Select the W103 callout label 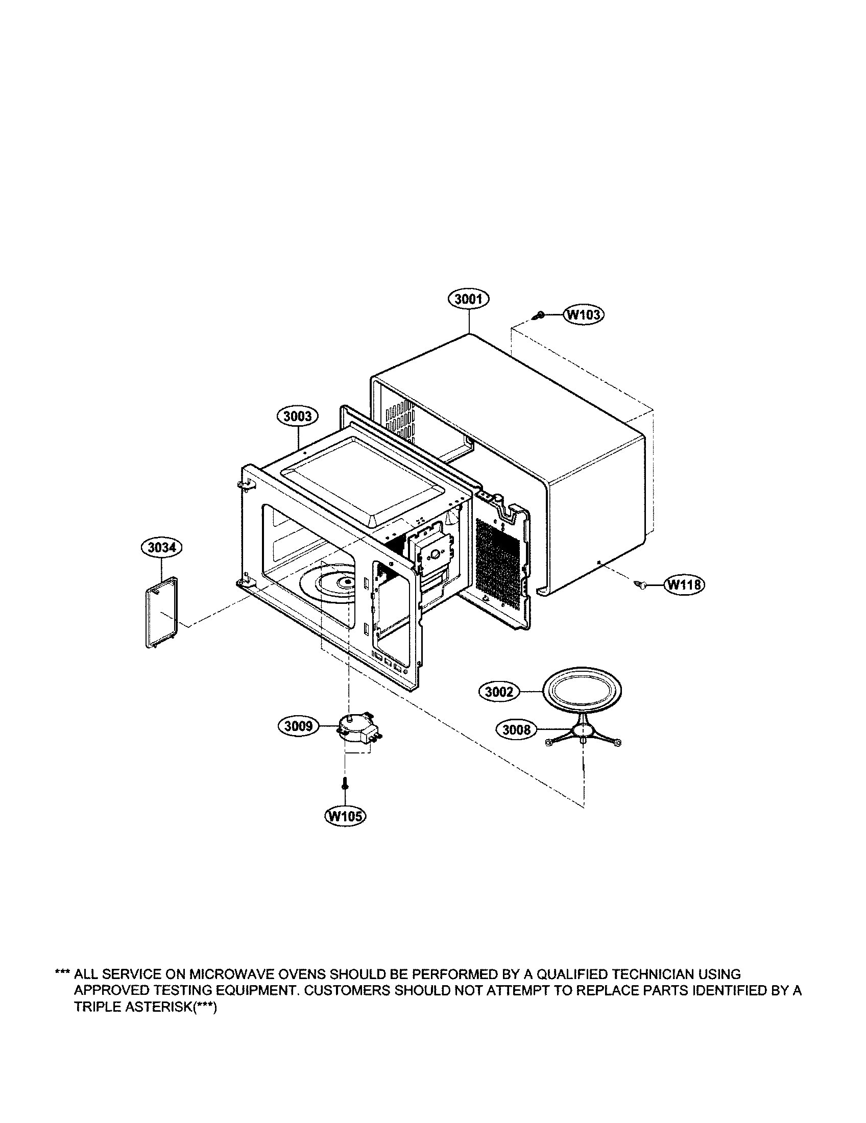[584, 314]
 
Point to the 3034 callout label [161, 548]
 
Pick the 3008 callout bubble [516, 729]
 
